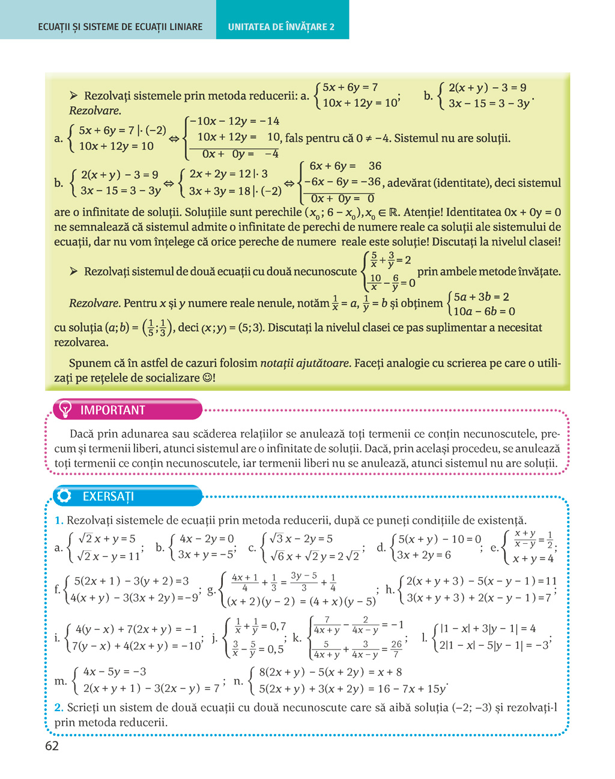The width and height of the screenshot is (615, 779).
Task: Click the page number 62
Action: (52, 746)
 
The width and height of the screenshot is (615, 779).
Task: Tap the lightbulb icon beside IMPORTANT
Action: (64, 409)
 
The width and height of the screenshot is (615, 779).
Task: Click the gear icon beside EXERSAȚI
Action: (64, 496)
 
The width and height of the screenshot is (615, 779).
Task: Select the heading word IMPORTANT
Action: (113, 410)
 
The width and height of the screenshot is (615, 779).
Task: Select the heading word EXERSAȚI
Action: (108, 496)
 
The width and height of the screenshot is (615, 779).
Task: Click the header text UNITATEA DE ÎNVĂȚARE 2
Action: (281, 27)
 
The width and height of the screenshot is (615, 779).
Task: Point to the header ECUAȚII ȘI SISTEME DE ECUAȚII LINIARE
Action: (120, 27)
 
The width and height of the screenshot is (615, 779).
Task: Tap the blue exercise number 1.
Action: (59, 520)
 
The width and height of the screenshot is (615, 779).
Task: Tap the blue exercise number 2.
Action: (59, 708)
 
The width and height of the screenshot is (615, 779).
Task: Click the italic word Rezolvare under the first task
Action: (95, 110)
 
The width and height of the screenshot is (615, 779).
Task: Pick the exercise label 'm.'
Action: (61, 681)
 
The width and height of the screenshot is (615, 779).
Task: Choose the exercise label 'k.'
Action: (297, 637)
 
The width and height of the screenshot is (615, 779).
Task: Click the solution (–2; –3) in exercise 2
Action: (472, 708)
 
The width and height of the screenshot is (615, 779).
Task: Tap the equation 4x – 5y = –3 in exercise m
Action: (115, 672)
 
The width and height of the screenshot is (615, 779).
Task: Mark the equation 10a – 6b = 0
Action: (484, 311)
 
